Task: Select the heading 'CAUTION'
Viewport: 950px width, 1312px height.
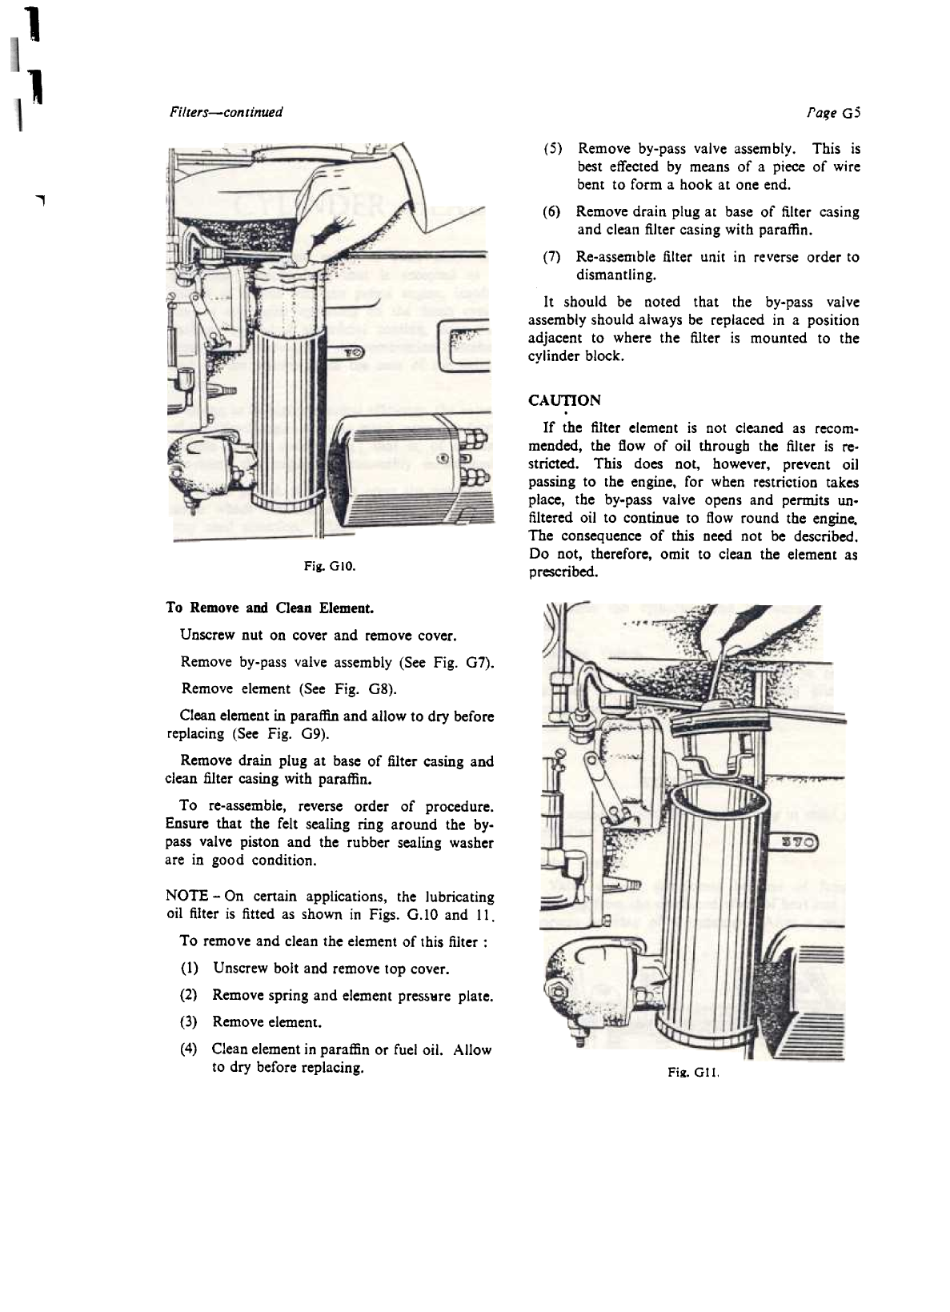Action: [x=564, y=400]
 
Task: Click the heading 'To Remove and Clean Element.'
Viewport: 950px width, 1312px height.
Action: [x=269, y=608]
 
